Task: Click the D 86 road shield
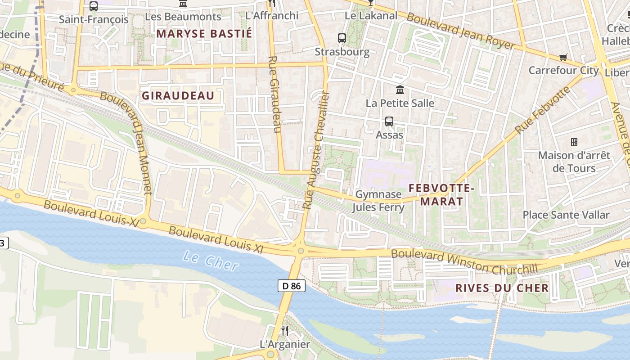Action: pos(292,286)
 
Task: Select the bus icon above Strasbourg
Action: pos(342,38)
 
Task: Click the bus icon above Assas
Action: pos(389,121)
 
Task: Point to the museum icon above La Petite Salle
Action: pos(400,90)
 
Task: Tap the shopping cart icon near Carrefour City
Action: pos(563,57)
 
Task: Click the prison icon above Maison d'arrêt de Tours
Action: pos(574,142)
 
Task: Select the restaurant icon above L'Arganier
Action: pos(284,331)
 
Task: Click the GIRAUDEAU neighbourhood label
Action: pos(178,96)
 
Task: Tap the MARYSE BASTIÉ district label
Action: pos(204,34)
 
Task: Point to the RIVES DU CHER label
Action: pos(502,288)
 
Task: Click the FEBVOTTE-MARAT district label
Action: pos(441,194)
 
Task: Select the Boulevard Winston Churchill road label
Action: pos(464,261)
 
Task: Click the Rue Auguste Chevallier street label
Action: pos(316,151)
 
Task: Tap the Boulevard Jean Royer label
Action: pos(461,31)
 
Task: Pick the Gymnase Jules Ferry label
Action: pos(378,201)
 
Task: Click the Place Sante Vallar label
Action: pos(566,215)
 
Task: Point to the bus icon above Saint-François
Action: pos(94,6)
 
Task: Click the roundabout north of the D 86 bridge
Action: pos(300,250)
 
